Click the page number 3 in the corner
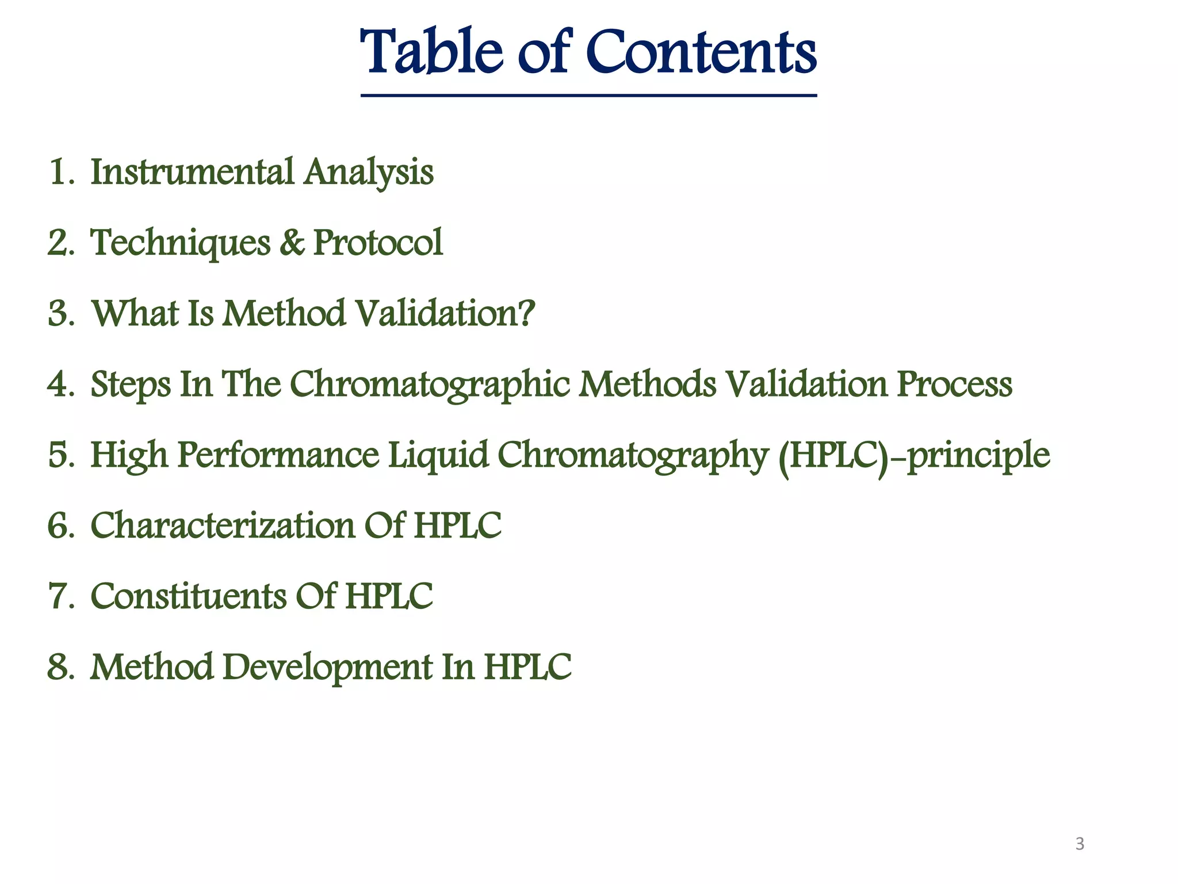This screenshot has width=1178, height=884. coord(1080,844)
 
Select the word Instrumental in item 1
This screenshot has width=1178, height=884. coord(192,172)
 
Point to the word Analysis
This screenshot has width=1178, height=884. coord(369,173)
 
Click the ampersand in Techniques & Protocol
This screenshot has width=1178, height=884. coord(292,242)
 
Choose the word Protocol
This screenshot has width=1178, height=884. coord(378,242)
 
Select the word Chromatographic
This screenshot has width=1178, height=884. coord(429,385)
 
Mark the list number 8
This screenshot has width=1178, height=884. coord(58,668)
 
